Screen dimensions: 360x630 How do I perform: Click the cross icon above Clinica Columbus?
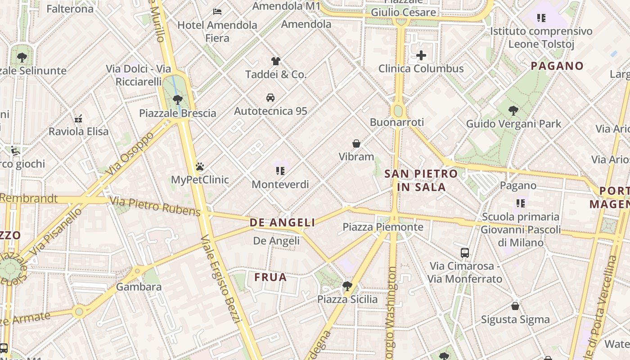[421, 55]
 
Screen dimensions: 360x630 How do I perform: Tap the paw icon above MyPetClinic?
[200, 167]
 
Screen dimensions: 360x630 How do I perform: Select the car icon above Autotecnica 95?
[270, 98]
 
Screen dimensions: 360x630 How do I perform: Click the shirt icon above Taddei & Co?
[275, 61]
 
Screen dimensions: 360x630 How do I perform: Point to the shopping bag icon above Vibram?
[356, 144]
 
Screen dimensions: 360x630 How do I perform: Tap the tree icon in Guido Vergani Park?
[513, 110]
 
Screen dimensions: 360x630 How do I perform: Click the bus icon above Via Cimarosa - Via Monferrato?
[465, 253]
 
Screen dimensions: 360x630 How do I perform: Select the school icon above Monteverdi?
[280, 171]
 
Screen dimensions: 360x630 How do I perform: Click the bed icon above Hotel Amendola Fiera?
[217, 11]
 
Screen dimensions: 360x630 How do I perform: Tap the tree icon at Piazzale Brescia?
[178, 99]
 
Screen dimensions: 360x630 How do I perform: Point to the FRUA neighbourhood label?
[270, 277]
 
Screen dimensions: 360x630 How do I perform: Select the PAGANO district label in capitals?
[557, 66]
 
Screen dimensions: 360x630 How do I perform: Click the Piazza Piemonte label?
[382, 227]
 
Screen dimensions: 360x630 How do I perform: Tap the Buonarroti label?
[397, 122]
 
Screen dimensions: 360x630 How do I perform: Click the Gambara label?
[139, 287]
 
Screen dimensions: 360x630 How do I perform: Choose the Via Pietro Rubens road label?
[155, 207]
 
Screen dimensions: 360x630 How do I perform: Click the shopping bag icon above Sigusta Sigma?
[515, 306]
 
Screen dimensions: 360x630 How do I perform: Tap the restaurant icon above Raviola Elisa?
[78, 119]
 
